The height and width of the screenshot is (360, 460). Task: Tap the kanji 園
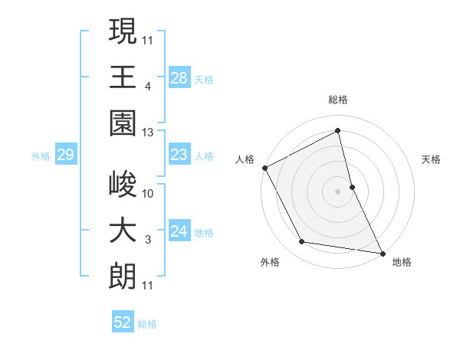[123, 124]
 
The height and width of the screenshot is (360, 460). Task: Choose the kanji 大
[123, 231]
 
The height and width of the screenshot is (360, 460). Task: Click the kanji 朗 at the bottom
[123, 277]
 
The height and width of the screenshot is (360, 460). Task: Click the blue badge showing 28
[179, 77]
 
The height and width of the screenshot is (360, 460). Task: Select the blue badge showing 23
[179, 155]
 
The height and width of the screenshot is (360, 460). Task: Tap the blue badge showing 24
[179, 231]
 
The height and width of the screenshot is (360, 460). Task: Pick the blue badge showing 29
[65, 155]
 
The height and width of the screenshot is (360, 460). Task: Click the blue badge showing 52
[123, 323]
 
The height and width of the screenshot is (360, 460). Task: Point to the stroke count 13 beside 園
[148, 133]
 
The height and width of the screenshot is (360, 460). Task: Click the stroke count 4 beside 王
[147, 87]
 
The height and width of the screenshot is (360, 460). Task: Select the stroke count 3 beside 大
[147, 240]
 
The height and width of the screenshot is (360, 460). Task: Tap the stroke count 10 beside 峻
[148, 193]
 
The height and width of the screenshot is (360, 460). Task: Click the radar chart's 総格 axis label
[338, 100]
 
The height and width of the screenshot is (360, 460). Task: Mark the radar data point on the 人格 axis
[264, 167]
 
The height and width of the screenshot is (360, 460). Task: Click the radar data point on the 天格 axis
[352, 186]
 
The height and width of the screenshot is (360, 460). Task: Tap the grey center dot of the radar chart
[338, 191]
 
